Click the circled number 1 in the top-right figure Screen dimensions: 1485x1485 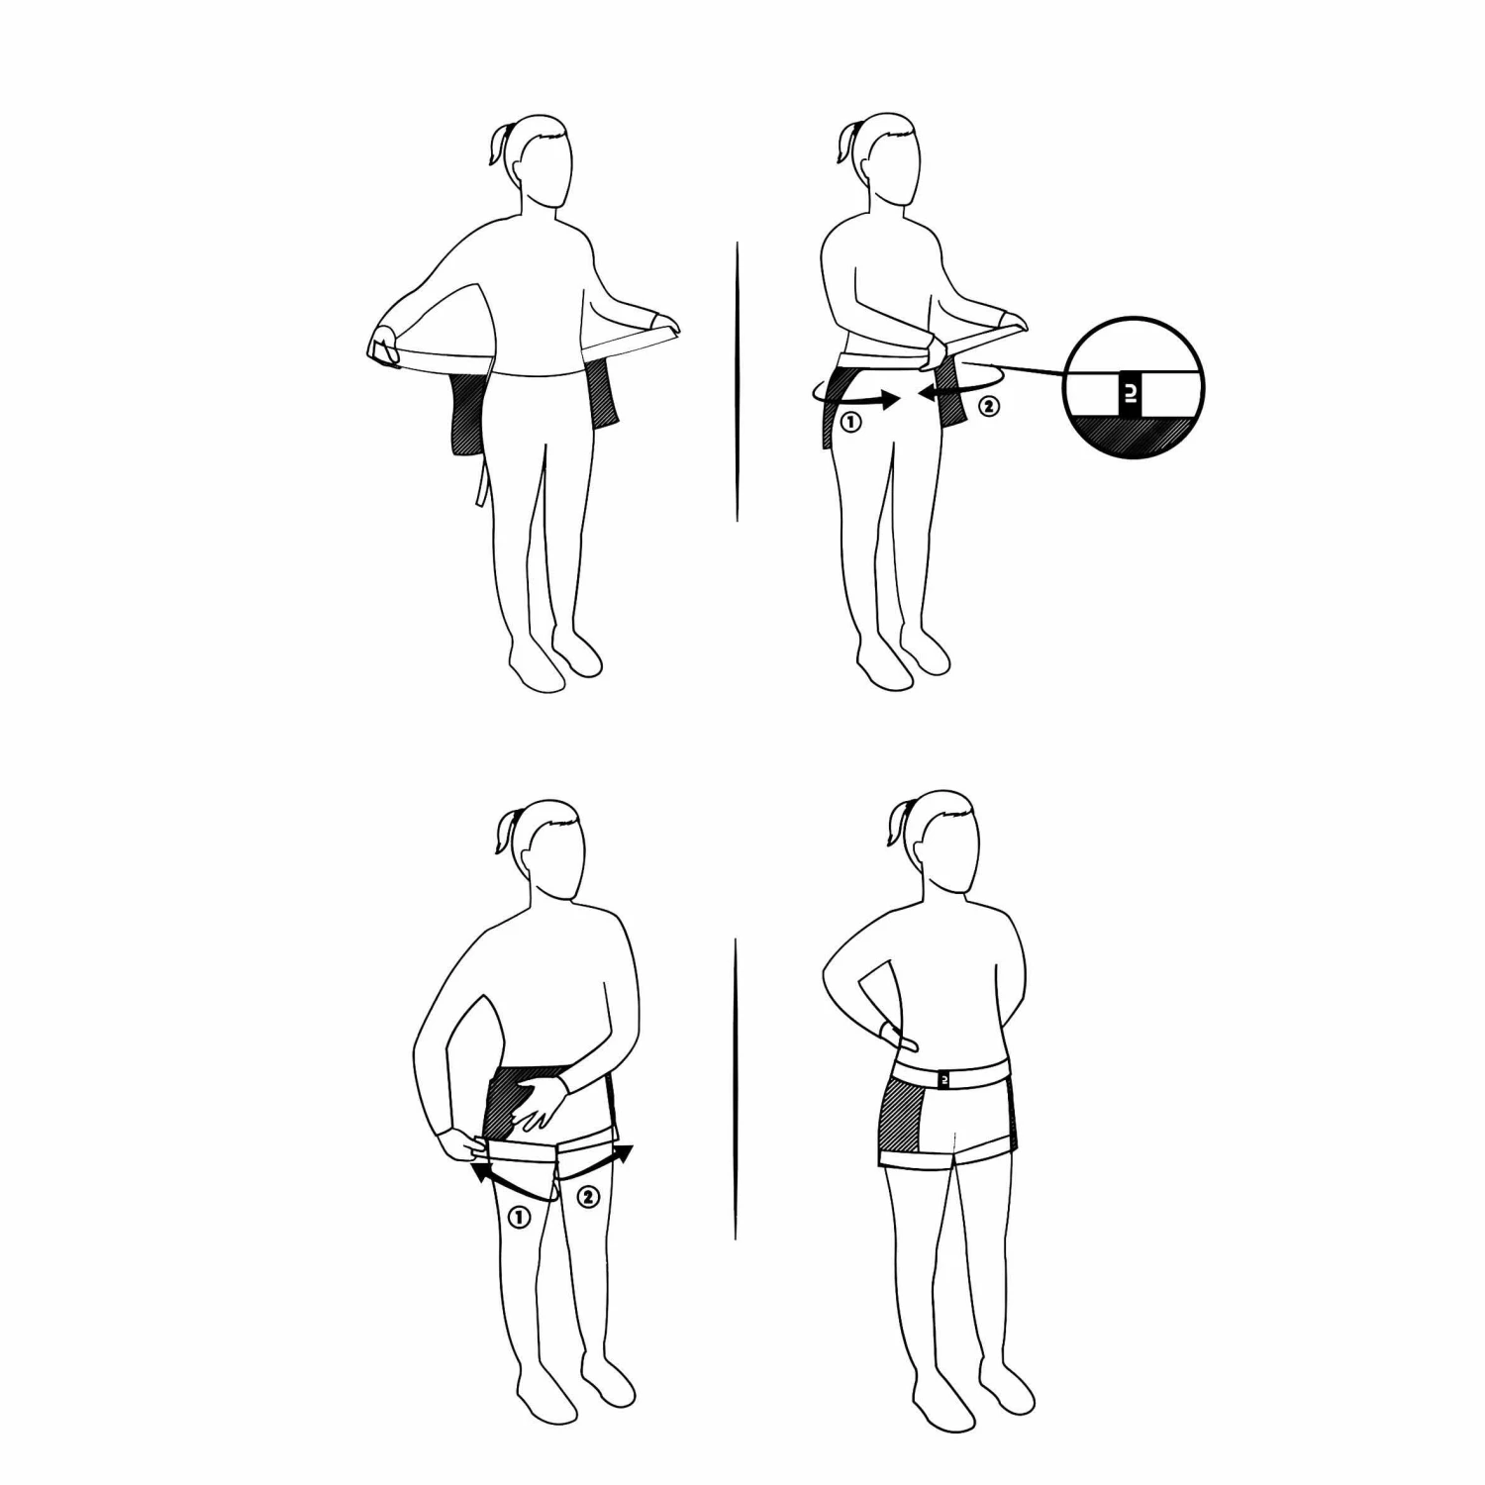(850, 421)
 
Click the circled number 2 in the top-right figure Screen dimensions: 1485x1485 (989, 404)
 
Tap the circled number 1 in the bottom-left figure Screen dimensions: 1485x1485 (518, 1217)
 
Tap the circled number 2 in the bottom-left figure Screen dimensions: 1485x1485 (588, 1197)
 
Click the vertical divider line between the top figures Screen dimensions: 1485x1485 (738, 381)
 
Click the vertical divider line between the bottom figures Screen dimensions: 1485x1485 (736, 1089)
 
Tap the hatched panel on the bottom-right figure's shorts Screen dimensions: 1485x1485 (901, 1122)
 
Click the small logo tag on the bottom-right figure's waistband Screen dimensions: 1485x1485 (944, 1080)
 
